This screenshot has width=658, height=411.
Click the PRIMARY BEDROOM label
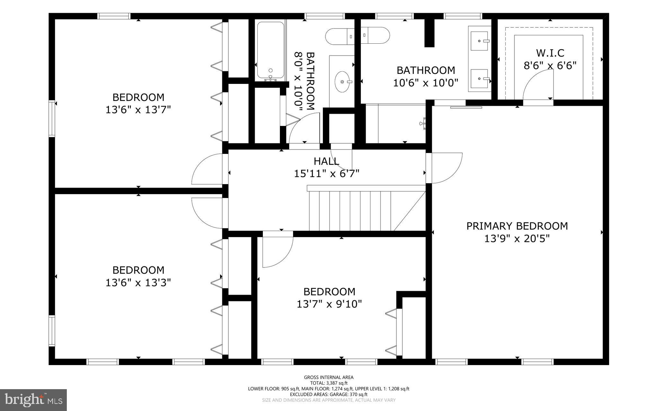517,226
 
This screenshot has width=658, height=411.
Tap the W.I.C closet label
550,53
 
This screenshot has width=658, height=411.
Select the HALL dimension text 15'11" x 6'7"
326,174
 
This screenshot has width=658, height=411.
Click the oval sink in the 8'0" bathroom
343,82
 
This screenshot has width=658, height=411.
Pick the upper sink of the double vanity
479,41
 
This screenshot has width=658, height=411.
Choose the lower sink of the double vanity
479,78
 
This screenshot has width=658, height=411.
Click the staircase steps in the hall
350,211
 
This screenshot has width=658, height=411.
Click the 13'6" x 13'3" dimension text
138,283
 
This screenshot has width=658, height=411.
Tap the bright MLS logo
33,400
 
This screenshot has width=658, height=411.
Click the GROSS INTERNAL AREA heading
328,377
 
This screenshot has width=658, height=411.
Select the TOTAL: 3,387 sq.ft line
328,383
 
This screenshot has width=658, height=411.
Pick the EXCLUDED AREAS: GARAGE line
328,394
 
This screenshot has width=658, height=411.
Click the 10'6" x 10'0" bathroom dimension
425,83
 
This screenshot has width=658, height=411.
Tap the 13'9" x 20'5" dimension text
517,239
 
